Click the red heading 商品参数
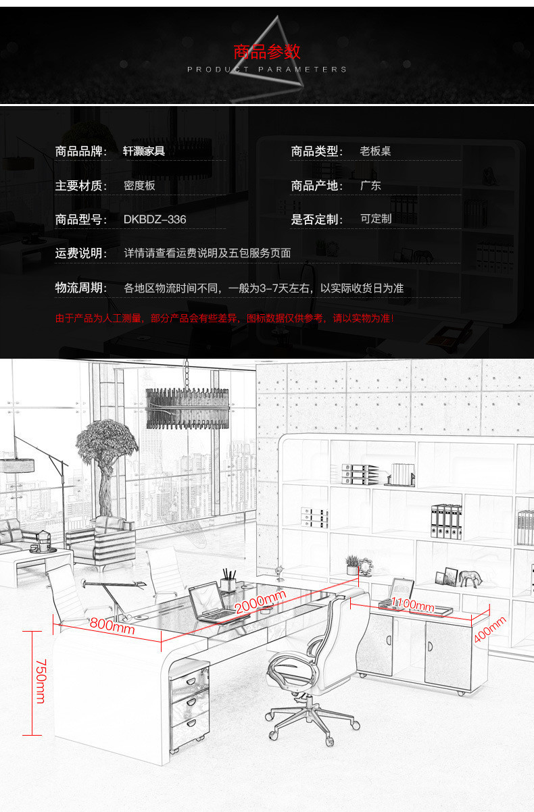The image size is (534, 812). pyautogui.click(x=266, y=52)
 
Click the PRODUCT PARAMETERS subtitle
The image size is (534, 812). pyautogui.click(x=266, y=70)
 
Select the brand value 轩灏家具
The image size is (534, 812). pyautogui.click(x=144, y=151)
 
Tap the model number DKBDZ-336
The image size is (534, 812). pyautogui.click(x=155, y=220)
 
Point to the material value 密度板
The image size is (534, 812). pyautogui.click(x=139, y=186)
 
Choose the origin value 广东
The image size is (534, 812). pyautogui.click(x=370, y=186)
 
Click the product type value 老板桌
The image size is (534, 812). pyautogui.click(x=375, y=151)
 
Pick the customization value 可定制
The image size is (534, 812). pyautogui.click(x=376, y=219)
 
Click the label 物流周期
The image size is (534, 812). pyautogui.click(x=81, y=288)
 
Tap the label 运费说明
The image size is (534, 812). pyautogui.click(x=81, y=253)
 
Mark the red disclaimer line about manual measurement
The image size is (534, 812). pyautogui.click(x=224, y=318)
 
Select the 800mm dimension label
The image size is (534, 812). pyautogui.click(x=112, y=628)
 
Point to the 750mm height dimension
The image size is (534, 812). pyautogui.click(x=40, y=681)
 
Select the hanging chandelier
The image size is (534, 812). pyautogui.click(x=187, y=407)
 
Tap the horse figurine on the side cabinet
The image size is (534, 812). pyautogui.click(x=471, y=578)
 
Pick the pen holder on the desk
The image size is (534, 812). pyautogui.click(x=228, y=582)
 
